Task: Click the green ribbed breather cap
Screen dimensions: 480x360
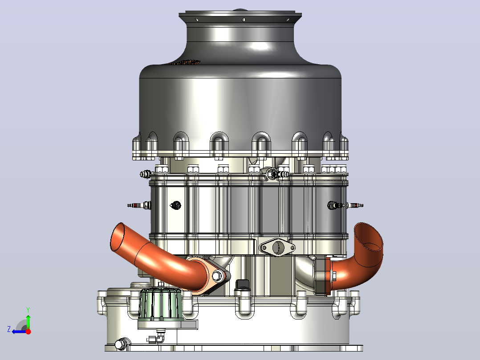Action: click(x=160, y=304)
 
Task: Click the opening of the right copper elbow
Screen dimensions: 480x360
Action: click(x=369, y=236)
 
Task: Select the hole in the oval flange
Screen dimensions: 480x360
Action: click(x=278, y=247)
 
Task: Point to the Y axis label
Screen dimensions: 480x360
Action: click(x=28, y=310)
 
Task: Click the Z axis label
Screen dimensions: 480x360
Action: click(x=9, y=329)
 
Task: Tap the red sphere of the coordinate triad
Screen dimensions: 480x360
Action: click(x=28, y=331)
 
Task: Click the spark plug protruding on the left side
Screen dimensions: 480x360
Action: click(x=138, y=205)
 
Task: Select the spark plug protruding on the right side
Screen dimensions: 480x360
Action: click(x=346, y=205)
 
